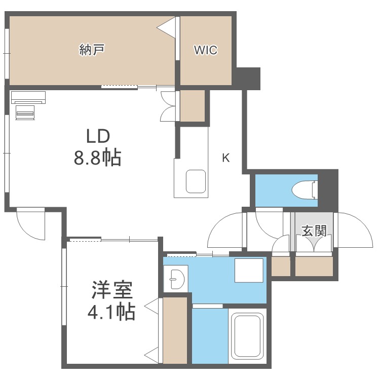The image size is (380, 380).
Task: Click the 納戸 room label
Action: [92, 50]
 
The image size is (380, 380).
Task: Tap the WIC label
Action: [206, 50]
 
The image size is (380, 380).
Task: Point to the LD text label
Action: [97, 137]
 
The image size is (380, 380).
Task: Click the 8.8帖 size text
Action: [97, 158]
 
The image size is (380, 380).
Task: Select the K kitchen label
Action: [225, 158]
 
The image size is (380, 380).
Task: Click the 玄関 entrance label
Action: [314, 231]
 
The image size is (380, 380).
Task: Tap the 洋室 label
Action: [112, 291]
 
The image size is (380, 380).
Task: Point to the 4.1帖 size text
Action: [111, 312]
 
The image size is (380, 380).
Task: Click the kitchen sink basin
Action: [195, 181]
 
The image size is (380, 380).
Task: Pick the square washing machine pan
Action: [249, 270]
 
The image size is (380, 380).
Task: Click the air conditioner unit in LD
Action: [28, 96]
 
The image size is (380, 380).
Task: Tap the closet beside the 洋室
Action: [175, 330]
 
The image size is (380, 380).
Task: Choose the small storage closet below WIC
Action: [192, 106]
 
